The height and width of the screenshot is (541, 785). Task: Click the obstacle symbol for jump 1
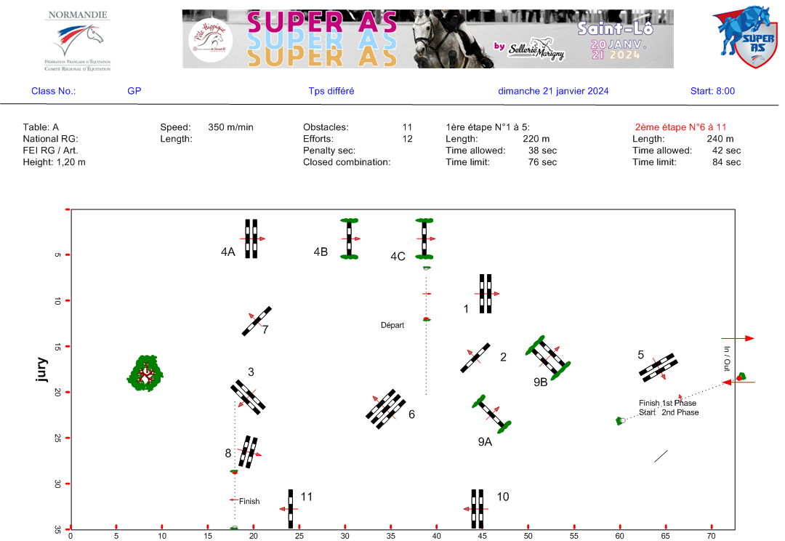pyautogui.click(x=486, y=293)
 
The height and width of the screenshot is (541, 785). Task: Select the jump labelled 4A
pyautogui.click(x=251, y=239)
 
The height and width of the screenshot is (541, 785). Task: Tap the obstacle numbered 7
pyautogui.click(x=257, y=321)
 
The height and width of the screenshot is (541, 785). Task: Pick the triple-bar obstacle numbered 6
pyautogui.click(x=385, y=409)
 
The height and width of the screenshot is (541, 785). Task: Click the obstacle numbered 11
pyautogui.click(x=291, y=509)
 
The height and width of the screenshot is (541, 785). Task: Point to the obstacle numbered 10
pyautogui.click(x=477, y=509)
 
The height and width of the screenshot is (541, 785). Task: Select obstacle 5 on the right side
pyautogui.click(x=659, y=367)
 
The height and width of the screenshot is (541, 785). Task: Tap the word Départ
pyautogui.click(x=392, y=325)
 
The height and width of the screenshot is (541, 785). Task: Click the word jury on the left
pyautogui.click(x=43, y=369)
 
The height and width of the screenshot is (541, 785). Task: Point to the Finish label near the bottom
pyautogui.click(x=249, y=501)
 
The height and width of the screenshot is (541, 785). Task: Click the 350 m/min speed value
pyautogui.click(x=230, y=127)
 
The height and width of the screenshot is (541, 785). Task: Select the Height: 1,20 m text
pyautogui.click(x=54, y=162)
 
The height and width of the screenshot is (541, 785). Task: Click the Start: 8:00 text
pyautogui.click(x=712, y=91)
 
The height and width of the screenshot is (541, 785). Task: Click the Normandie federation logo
pyautogui.click(x=78, y=40)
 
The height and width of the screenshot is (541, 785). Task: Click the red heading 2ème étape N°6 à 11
pyautogui.click(x=680, y=127)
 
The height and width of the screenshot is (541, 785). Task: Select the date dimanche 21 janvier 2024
pyautogui.click(x=553, y=91)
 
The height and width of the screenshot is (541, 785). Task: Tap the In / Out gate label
pyautogui.click(x=726, y=359)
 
